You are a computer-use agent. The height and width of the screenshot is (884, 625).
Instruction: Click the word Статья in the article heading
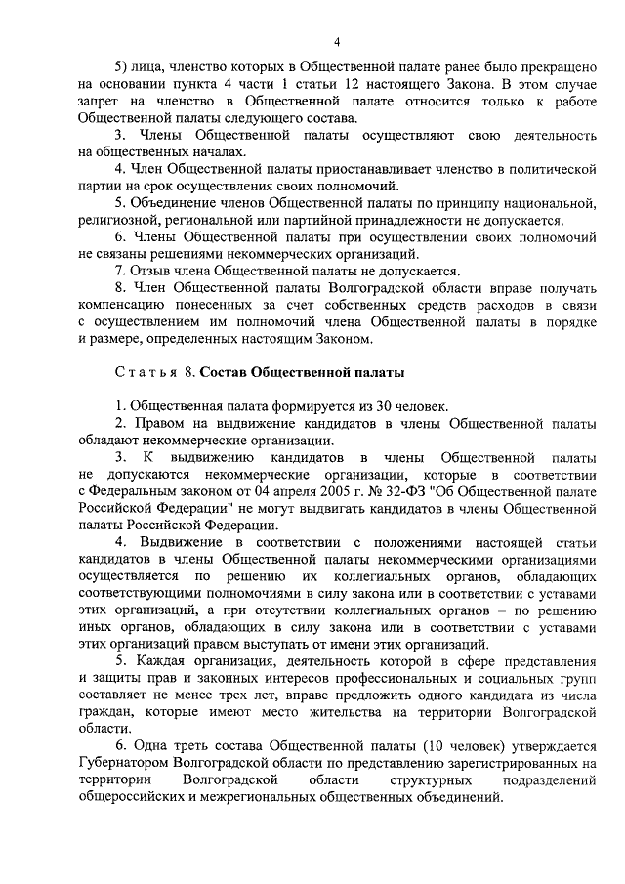(144, 372)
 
